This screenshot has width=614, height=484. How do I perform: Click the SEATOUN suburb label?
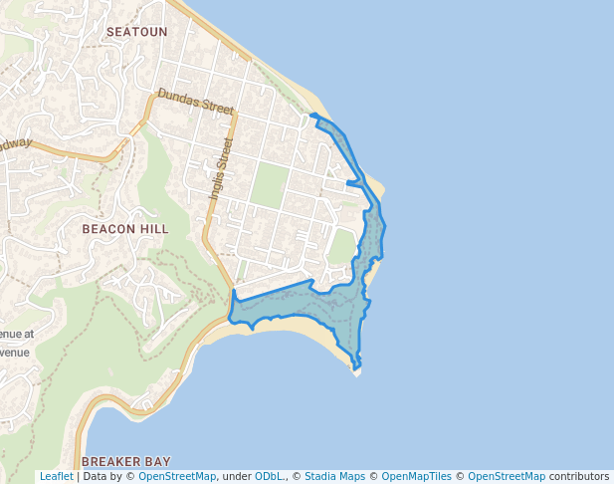click(x=136, y=32)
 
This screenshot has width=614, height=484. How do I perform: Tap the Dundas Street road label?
click(x=195, y=102)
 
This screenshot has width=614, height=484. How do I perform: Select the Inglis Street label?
click(x=220, y=171)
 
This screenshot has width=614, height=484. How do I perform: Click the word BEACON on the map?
click(x=106, y=229)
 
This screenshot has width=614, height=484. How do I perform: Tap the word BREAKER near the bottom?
click(x=111, y=462)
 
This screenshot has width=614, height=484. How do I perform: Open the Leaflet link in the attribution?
click(x=56, y=477)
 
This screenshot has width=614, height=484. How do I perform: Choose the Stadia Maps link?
click(x=334, y=477)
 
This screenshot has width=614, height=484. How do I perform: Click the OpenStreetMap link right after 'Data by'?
click(x=177, y=477)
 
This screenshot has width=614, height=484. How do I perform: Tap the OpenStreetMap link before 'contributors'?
click(x=507, y=477)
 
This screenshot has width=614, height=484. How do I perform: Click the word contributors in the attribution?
click(x=578, y=477)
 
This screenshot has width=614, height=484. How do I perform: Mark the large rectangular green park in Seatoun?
click(x=269, y=185)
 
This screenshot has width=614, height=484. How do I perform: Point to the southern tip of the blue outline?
click(x=357, y=370)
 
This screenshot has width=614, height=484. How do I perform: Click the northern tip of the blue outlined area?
click(x=312, y=116)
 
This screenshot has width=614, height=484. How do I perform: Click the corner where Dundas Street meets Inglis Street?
click(x=235, y=114)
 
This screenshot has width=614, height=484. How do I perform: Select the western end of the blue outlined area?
click(x=231, y=321)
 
